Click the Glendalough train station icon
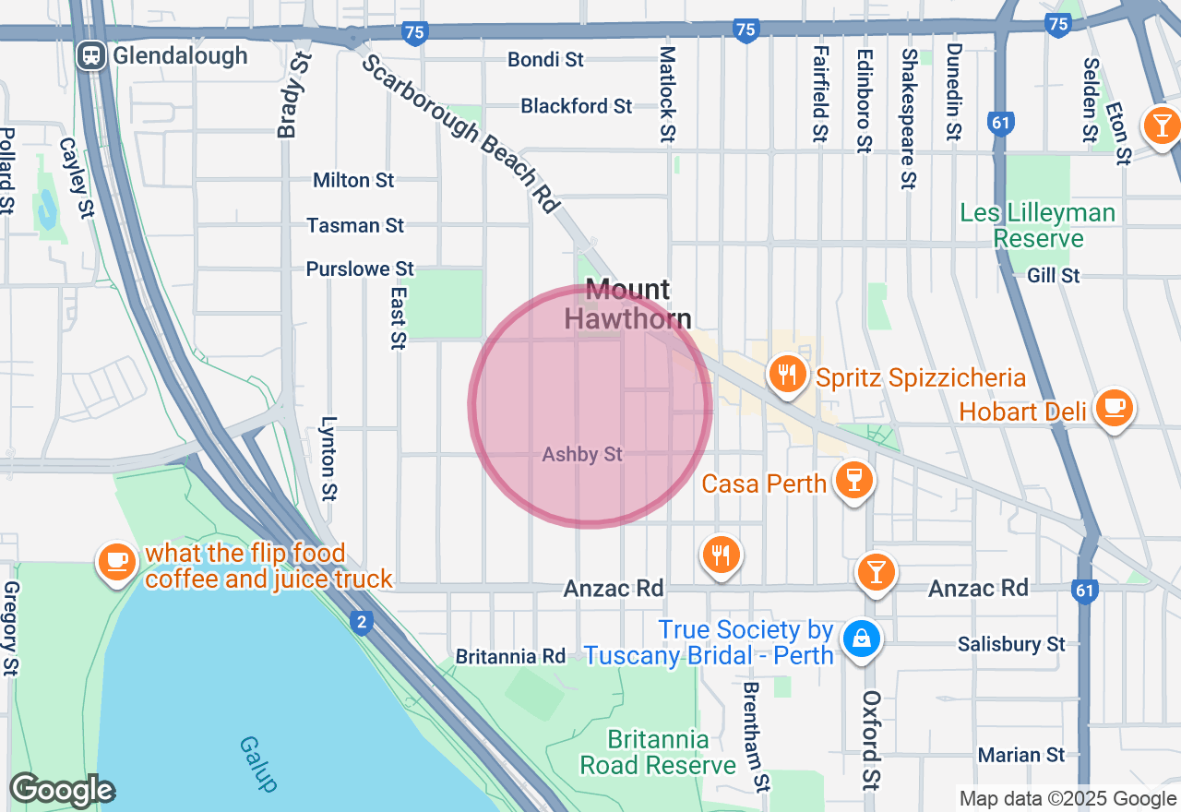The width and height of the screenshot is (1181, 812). point(91,55)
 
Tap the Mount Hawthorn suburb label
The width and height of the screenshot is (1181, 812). point(627,304)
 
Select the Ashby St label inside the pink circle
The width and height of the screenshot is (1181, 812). point(582,455)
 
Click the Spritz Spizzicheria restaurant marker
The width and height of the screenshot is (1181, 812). point(786,376)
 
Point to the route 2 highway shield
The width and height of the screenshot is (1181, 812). point(363,624)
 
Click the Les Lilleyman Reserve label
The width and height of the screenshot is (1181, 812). point(1038,226)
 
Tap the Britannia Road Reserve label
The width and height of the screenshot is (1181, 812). point(658,753)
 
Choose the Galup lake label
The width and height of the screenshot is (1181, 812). point(257,763)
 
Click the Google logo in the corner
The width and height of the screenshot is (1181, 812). point(62,791)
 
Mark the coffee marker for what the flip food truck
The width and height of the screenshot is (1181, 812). point(117,562)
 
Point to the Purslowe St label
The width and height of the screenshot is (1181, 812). point(360,269)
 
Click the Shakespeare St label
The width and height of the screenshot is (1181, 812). point(909,117)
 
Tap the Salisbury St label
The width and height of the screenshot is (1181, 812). point(1011,644)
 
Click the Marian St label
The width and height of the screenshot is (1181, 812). point(1021,755)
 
